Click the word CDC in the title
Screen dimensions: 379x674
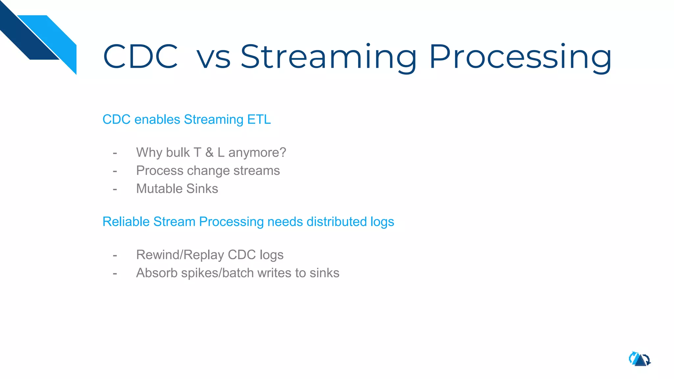point(141,57)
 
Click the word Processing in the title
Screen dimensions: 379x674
point(520,57)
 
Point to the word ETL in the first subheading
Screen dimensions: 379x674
point(259,119)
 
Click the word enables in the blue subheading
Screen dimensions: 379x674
point(157,119)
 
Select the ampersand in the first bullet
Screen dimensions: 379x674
point(209,153)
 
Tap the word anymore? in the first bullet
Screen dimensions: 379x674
point(257,153)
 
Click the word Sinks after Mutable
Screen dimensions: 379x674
point(202,189)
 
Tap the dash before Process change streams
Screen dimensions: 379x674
point(115,171)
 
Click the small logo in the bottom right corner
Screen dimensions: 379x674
point(639,359)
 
